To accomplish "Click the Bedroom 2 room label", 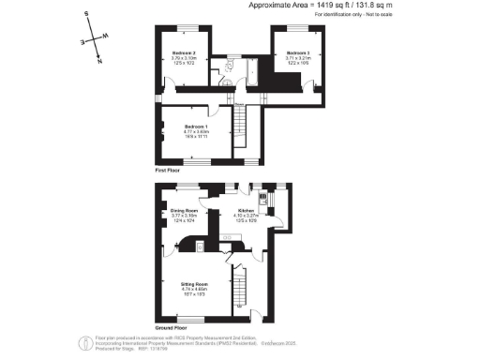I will point(183,52).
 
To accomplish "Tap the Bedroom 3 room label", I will point(297,52).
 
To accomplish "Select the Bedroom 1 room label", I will point(195,126).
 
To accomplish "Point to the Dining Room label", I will point(183,211).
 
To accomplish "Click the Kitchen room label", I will point(247,211).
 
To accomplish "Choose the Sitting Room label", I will point(195,282).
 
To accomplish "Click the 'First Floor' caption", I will point(170,172).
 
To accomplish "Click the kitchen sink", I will point(265,200).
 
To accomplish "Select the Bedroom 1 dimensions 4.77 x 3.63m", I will point(195,131).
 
